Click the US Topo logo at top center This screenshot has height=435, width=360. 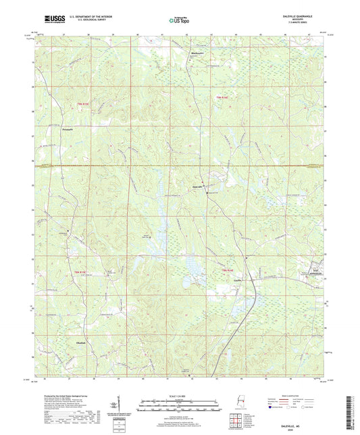click(180, 21)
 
